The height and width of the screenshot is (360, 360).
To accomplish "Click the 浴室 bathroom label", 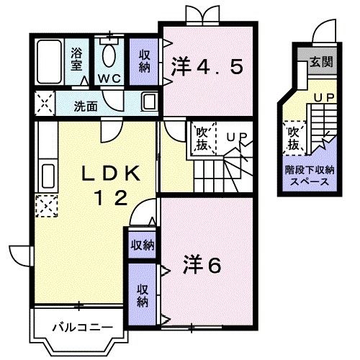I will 76,57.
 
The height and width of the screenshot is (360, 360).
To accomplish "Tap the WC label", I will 109,77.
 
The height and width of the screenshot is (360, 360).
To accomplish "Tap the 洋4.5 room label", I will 207,68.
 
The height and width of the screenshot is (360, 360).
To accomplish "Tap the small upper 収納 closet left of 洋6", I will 142,245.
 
